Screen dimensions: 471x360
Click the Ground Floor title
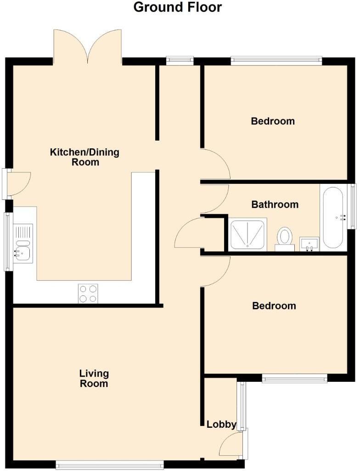pos(177,7)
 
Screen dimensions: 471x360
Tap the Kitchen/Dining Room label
pos(84,157)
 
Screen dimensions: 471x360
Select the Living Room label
pos(94,378)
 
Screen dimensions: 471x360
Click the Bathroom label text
pos(275,204)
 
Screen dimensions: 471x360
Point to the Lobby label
pos(221,425)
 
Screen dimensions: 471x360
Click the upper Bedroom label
pos(273,121)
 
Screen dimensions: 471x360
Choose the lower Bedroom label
pos(274,306)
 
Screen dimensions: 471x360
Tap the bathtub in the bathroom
pos(333,217)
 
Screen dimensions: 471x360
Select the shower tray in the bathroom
pos(248,234)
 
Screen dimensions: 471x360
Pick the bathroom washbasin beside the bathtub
pos(309,244)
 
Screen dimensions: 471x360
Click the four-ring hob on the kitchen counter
pos(88,294)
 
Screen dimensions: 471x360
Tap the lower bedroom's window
pos(294,379)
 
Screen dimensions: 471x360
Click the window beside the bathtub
pos(353,206)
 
